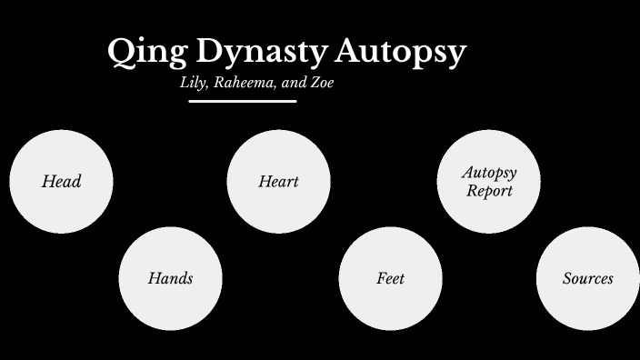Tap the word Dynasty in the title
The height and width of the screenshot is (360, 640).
(249, 52)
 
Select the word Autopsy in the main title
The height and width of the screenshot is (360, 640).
(400, 52)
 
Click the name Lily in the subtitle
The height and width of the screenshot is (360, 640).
(194, 83)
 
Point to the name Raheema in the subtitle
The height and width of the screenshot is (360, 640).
(243, 83)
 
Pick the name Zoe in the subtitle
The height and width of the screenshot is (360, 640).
(324, 83)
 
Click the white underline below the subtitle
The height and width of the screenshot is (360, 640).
(243, 101)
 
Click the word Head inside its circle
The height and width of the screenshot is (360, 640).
(61, 182)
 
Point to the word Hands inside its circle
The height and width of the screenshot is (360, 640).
(170, 278)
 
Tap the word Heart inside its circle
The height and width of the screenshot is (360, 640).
(278, 182)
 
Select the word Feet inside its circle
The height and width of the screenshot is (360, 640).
(390, 278)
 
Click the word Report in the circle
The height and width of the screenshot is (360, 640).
(489, 191)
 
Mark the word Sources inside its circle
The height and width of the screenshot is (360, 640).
(587, 278)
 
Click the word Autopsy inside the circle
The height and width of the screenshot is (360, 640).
(489, 172)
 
